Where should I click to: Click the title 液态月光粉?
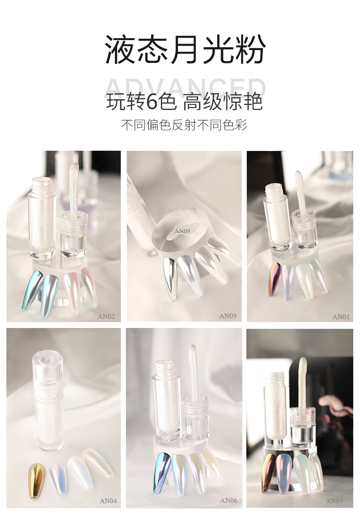click(x=185, y=49)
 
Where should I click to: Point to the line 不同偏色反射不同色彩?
click(x=184, y=125)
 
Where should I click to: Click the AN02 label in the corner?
click(x=106, y=316)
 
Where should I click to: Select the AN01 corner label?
click(x=341, y=317)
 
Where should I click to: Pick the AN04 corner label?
click(x=108, y=501)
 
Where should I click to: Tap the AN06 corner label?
click(x=229, y=501)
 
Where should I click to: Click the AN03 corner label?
click(x=334, y=501)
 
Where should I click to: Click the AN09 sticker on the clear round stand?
click(x=183, y=231)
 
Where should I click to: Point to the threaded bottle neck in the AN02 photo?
click(x=41, y=185)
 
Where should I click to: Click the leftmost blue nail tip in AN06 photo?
click(x=162, y=472)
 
